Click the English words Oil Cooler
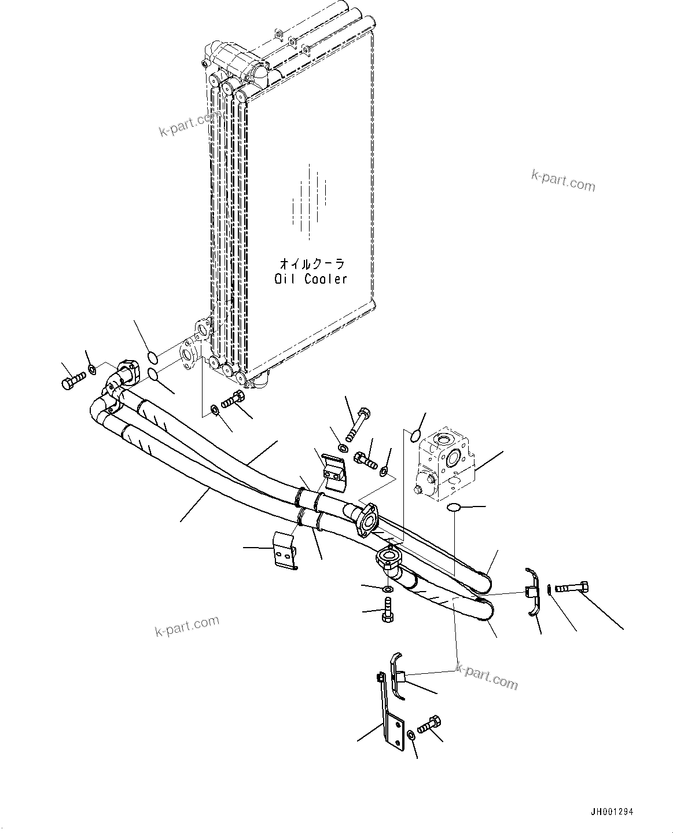(x=311, y=279)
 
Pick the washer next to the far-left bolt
(x=93, y=368)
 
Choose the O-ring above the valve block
(x=415, y=436)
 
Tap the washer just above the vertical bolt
(x=388, y=589)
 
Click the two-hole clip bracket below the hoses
(x=285, y=549)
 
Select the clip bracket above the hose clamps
(x=334, y=472)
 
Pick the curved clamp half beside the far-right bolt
(x=533, y=593)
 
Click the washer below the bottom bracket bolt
(x=411, y=735)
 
